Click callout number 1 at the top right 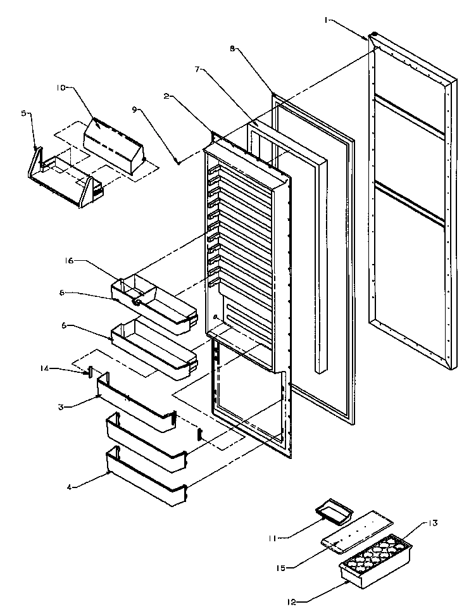327,20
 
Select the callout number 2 166,96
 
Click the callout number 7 197,70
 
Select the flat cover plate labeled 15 356,527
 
